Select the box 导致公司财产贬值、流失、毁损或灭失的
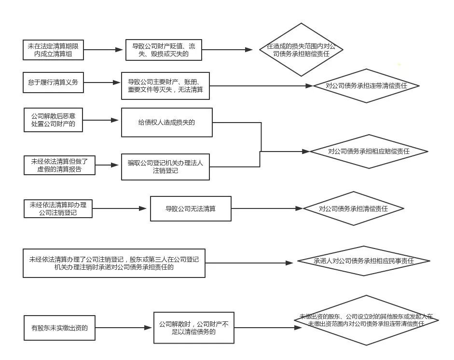point(164,50)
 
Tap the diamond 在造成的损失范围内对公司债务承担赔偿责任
point(301,50)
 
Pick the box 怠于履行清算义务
point(53,83)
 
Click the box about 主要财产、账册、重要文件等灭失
point(165,86)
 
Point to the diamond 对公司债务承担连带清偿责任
point(366,86)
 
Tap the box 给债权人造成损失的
point(166,122)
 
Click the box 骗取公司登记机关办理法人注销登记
point(165,166)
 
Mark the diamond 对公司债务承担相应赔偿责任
point(369,152)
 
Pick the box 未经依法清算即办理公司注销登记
point(58,208)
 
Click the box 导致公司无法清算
point(190,209)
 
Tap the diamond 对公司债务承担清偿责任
point(354,208)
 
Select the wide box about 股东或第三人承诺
point(114,263)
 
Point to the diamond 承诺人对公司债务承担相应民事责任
point(364,261)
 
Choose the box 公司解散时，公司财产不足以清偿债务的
point(194,328)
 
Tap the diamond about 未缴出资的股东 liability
point(366,320)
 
